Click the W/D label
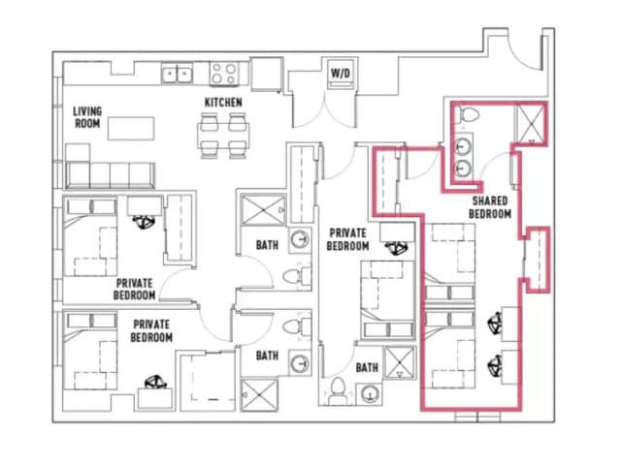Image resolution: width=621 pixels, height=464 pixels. [341, 73]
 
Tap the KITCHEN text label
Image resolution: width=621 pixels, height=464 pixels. [222, 102]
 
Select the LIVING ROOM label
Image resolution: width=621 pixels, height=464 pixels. [87, 117]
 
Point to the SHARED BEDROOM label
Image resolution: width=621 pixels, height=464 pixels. [489, 206]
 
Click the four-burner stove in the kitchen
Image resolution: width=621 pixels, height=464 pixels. [225, 73]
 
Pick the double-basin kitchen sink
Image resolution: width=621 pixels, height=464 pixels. [177, 73]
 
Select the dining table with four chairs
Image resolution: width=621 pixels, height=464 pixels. [222, 134]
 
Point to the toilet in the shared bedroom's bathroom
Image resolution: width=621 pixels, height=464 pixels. [470, 116]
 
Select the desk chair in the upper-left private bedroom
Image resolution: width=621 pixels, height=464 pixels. [146, 222]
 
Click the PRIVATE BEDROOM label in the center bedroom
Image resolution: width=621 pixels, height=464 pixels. [346, 239]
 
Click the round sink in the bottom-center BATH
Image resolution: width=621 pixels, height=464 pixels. [369, 392]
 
